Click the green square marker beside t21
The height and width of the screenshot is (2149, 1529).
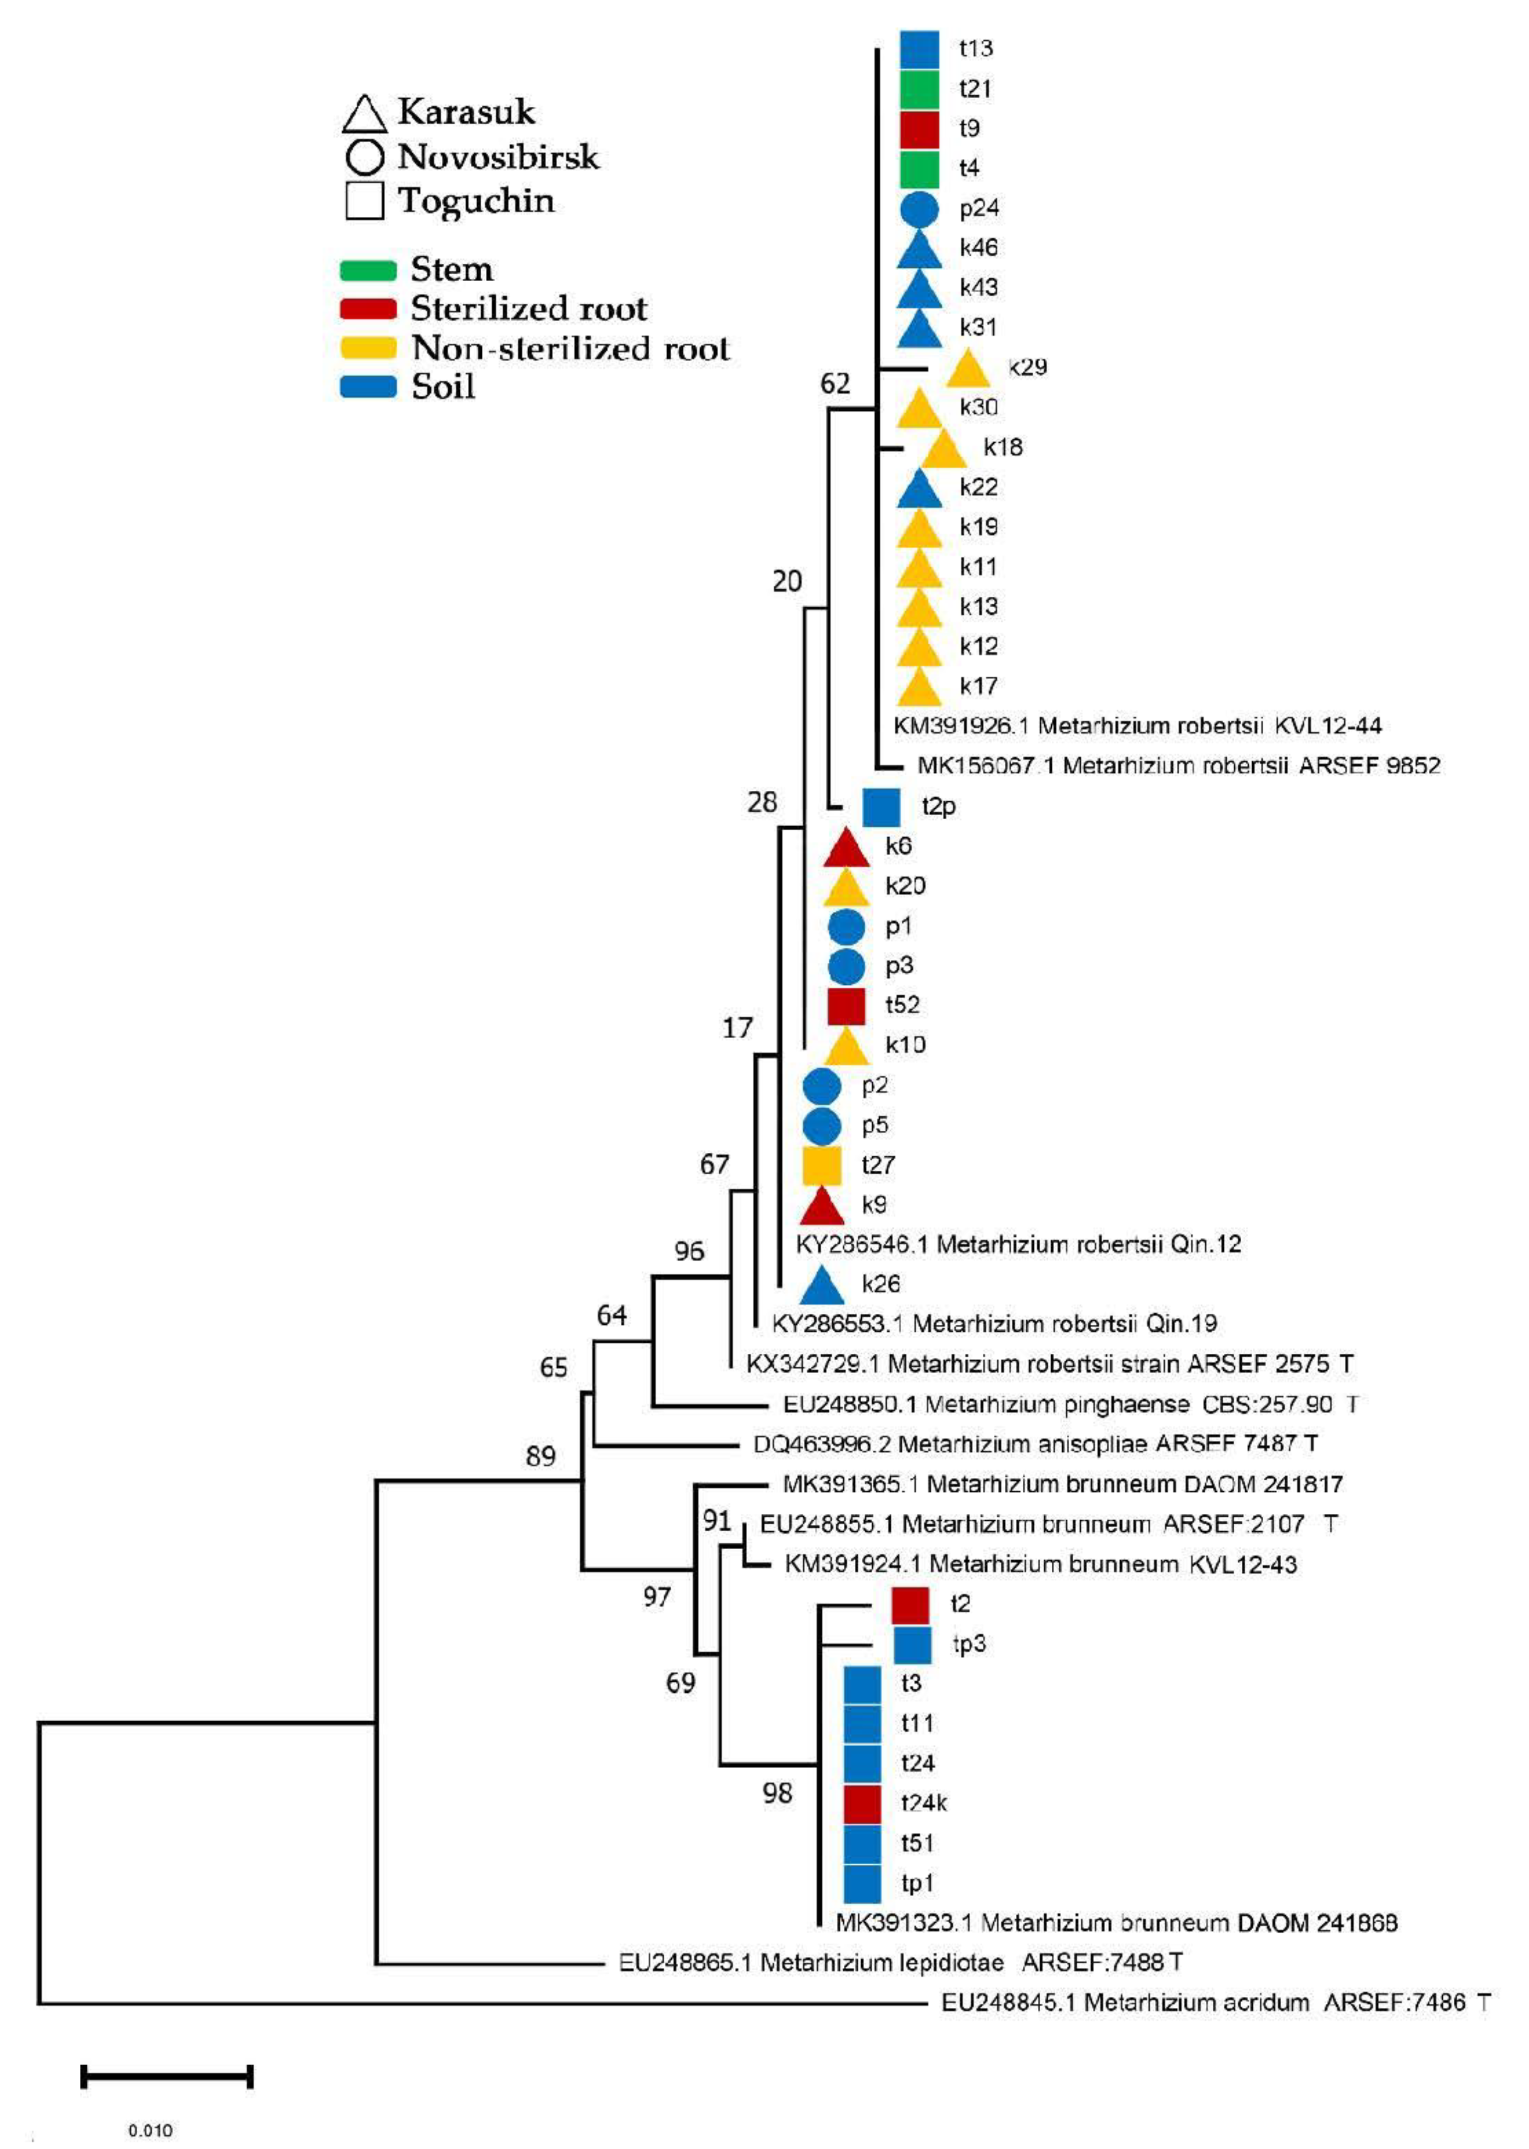919,89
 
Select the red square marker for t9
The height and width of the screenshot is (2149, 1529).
919,129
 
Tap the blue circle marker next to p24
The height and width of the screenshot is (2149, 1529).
919,209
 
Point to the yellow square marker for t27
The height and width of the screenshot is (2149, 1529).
821,1165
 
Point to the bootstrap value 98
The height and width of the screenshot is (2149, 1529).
777,1793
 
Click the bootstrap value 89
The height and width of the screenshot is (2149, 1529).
541,1456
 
